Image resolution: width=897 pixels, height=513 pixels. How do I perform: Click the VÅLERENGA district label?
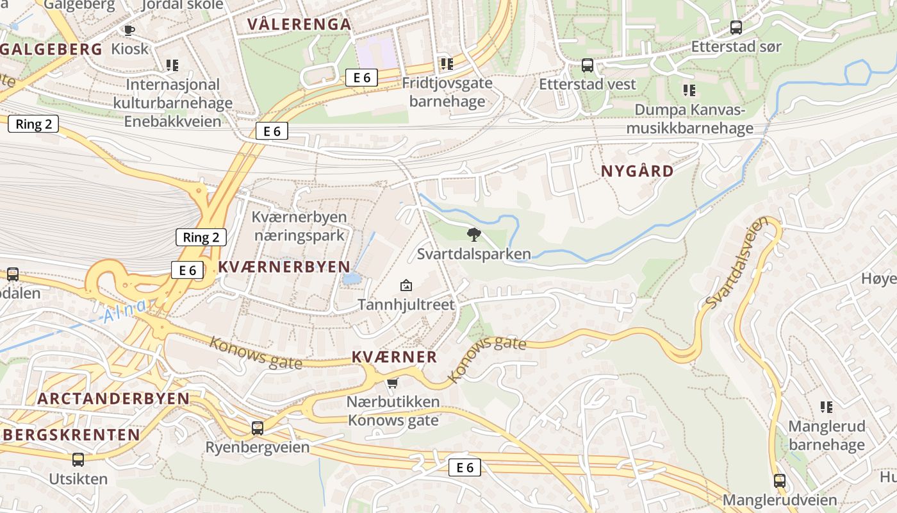299,25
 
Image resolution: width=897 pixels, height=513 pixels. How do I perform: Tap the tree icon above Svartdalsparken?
473,234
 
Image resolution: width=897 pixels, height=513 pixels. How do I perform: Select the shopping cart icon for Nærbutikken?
392,383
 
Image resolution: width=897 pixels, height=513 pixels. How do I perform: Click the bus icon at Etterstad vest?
587,65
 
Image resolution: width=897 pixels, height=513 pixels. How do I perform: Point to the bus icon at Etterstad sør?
736,28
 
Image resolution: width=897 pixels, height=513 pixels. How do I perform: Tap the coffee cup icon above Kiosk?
129,30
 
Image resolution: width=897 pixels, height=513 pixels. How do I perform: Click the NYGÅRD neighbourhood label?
638,171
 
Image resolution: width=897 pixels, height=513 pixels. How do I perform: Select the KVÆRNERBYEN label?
284,267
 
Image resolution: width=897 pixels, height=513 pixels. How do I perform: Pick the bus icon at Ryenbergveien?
257,428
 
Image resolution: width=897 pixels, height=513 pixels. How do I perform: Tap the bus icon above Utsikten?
78,459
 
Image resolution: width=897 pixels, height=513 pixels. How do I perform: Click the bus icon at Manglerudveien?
780,480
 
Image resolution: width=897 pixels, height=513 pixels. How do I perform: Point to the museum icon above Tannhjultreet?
406,285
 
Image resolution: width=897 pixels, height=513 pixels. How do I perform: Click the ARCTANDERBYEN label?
113,398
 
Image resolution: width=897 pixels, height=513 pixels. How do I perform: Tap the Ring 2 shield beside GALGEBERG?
34,124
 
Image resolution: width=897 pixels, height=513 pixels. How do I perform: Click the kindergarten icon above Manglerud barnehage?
827,407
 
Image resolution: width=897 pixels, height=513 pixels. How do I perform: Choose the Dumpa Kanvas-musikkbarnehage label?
689,119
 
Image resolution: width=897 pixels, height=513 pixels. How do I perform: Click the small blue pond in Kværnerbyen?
351,279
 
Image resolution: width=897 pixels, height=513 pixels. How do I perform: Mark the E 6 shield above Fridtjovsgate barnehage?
361,78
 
